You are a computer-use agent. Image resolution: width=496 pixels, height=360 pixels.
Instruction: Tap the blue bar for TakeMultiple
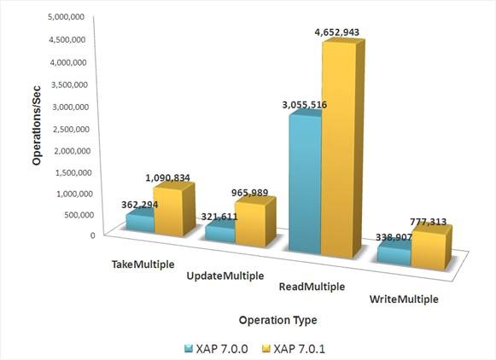[x=140, y=222]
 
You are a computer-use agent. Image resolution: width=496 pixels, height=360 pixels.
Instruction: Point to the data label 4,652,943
[x=337, y=32]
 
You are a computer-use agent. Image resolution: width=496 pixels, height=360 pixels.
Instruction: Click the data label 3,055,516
[x=304, y=105]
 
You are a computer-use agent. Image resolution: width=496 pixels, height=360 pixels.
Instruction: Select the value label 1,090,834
[x=167, y=178]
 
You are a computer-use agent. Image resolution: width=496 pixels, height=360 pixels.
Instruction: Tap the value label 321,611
[x=219, y=217]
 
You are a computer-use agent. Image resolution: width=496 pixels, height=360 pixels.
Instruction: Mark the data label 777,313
[x=428, y=222]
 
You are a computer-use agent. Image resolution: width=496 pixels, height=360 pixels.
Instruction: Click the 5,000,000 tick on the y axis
[x=66, y=16]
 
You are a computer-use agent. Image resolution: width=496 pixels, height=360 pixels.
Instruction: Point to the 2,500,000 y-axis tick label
[x=72, y=130]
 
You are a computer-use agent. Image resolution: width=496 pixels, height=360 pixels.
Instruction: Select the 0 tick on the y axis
[x=93, y=235]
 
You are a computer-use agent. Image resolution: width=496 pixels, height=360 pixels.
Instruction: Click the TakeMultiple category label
[x=143, y=264]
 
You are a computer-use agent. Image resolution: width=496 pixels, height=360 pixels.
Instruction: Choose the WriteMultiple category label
[x=404, y=299]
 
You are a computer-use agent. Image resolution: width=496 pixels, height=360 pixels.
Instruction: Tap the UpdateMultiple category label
[x=225, y=276]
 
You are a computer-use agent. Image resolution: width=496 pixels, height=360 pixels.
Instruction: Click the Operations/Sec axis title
[x=37, y=125]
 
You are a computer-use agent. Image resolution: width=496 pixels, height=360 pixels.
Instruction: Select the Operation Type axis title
[x=277, y=320]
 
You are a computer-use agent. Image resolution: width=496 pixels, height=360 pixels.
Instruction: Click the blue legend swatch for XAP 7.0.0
[x=189, y=349]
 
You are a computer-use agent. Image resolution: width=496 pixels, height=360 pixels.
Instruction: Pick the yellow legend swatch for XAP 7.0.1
[x=266, y=349]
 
